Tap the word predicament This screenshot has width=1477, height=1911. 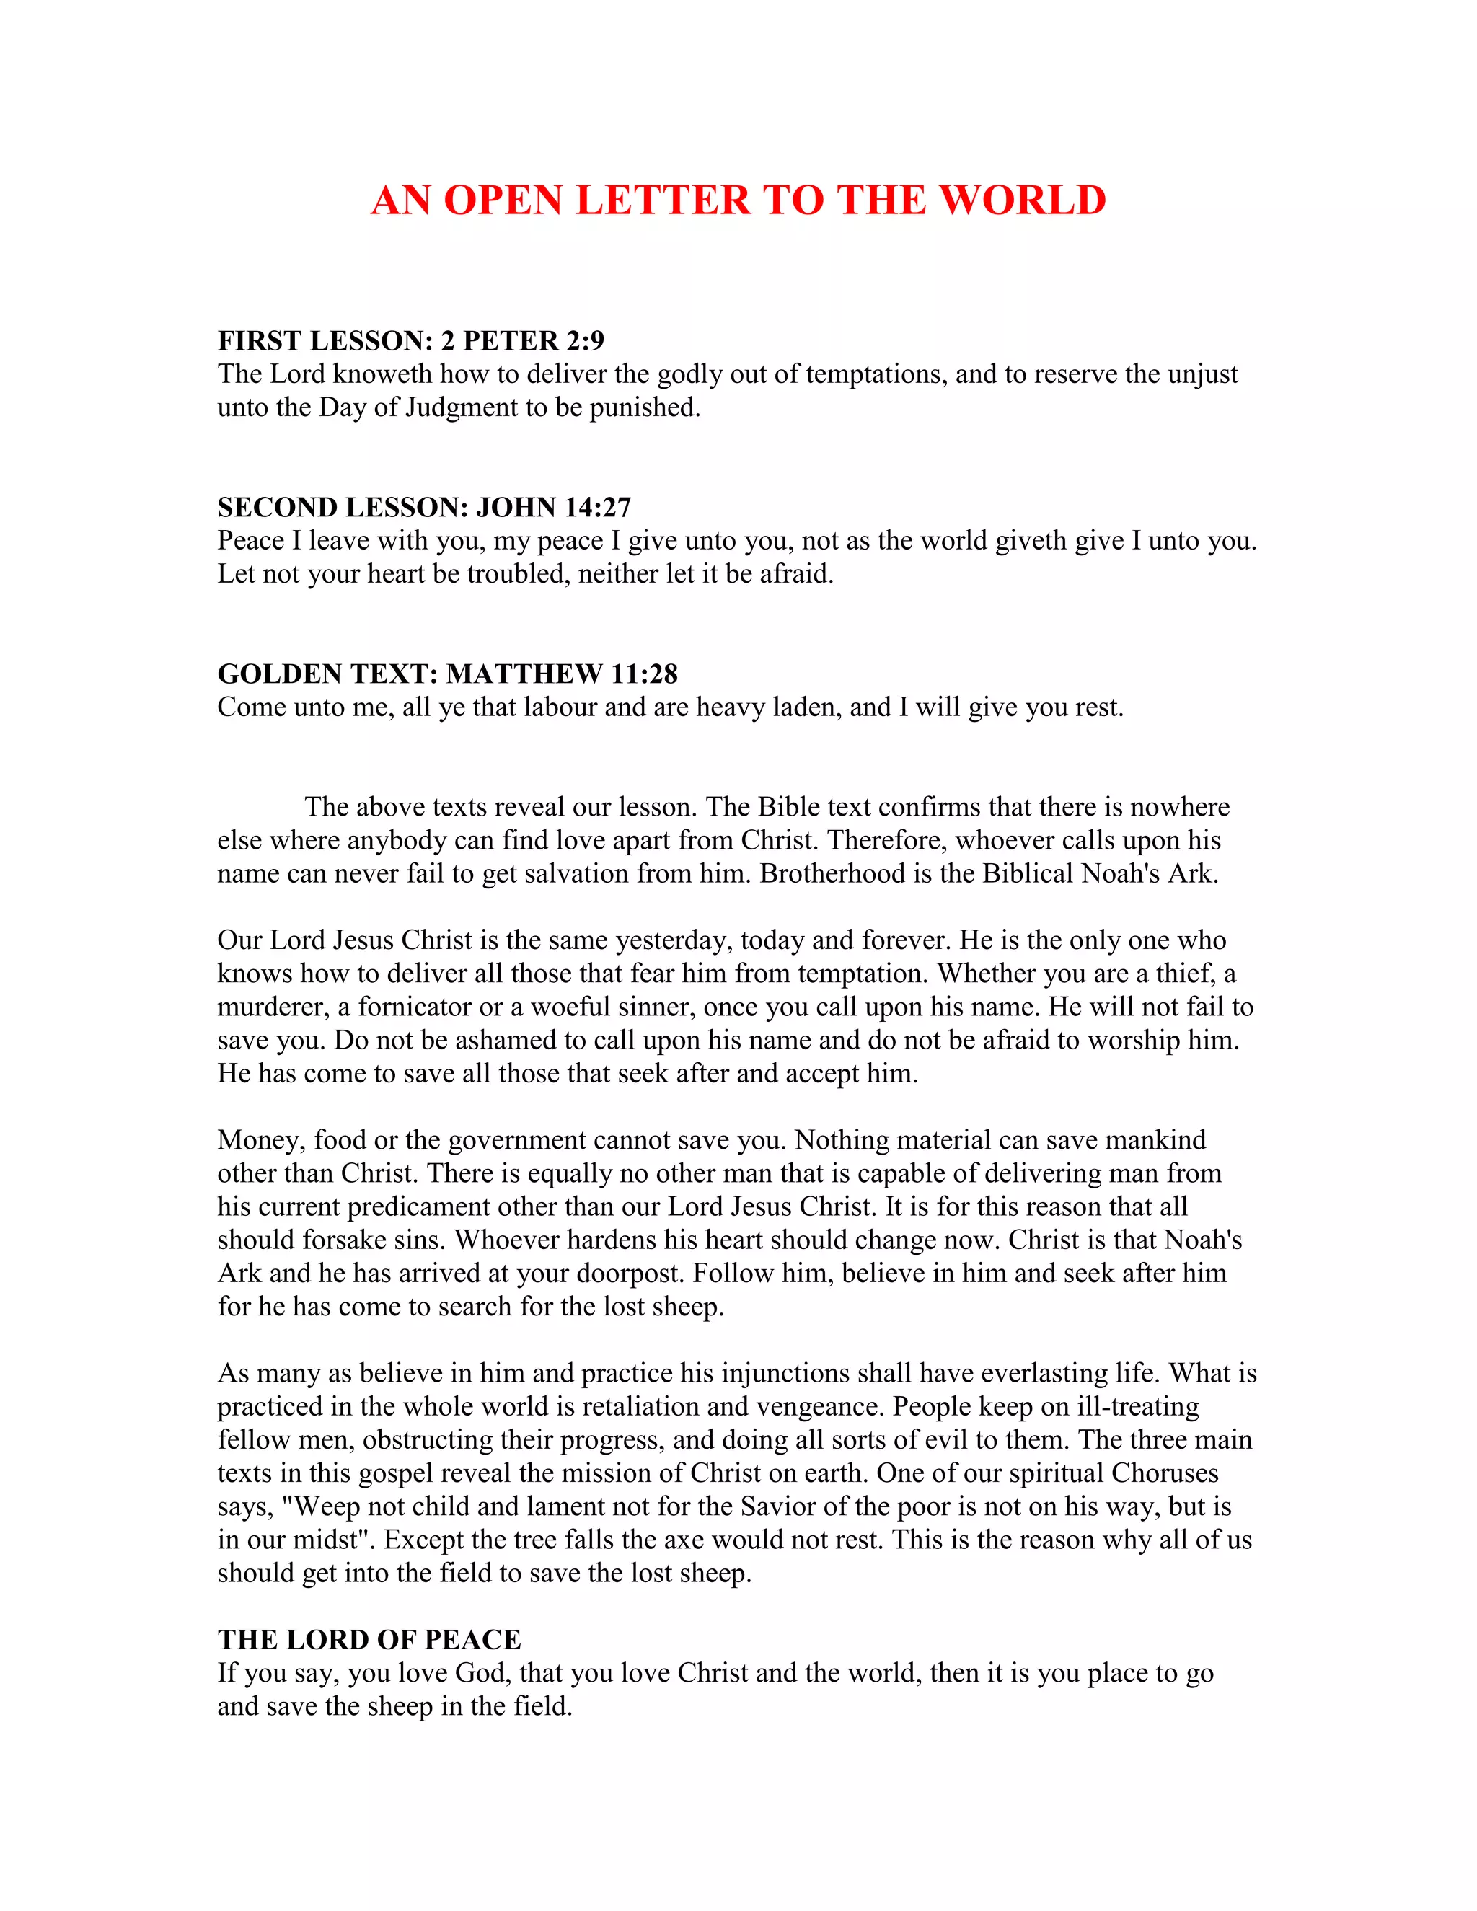(x=419, y=1206)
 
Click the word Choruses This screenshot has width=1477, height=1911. (x=1165, y=1473)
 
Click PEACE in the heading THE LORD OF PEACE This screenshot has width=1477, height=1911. (x=472, y=1640)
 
